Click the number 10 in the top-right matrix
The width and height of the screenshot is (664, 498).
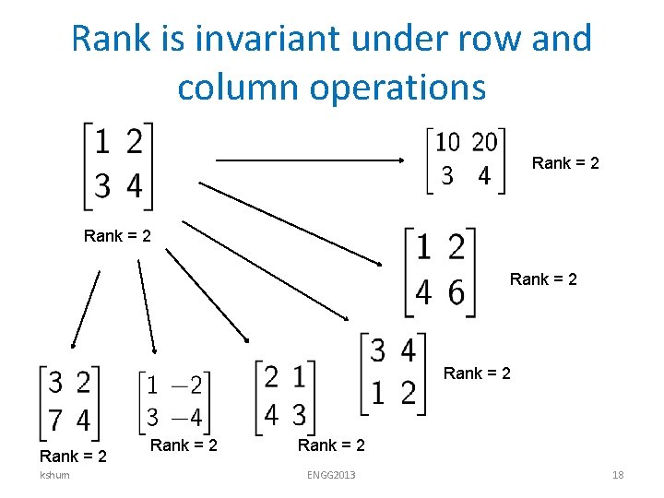(x=448, y=142)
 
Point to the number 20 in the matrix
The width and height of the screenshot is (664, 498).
(x=484, y=142)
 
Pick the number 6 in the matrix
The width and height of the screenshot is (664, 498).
(x=456, y=292)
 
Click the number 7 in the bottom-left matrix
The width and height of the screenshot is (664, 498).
(x=54, y=420)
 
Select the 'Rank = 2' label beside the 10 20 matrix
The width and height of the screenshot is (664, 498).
(x=565, y=163)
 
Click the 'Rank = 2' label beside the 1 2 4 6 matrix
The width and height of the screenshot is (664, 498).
(x=543, y=279)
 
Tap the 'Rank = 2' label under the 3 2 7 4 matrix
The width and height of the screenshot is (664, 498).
(x=73, y=456)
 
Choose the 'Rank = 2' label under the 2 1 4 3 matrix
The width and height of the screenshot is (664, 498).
(x=331, y=445)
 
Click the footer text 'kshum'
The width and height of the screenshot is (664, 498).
(x=53, y=475)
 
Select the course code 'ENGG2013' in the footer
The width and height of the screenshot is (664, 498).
(x=331, y=475)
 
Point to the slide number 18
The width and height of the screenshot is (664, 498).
(x=618, y=475)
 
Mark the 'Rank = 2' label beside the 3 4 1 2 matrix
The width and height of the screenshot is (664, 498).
(x=477, y=373)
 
